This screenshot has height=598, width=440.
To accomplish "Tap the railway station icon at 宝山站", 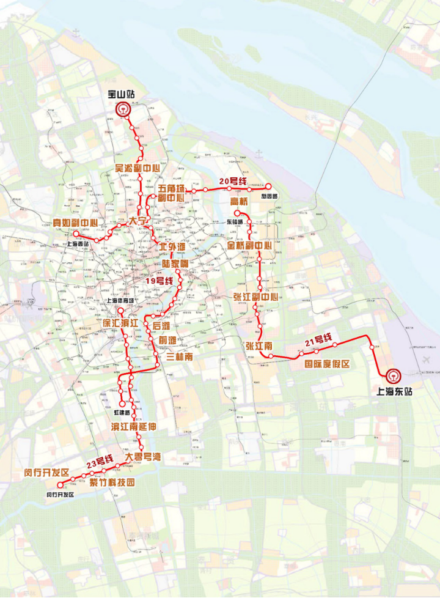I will click(x=123, y=110).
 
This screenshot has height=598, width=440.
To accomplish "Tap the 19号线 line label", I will click(x=159, y=281).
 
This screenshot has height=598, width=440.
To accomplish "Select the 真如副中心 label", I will click(x=75, y=223).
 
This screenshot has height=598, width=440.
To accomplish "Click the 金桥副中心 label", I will click(x=249, y=246).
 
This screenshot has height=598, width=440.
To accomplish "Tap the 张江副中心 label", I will click(x=255, y=297).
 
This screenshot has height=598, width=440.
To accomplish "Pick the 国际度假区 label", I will click(x=327, y=364).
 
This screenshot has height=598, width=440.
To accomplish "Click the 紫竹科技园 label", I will click(x=112, y=482).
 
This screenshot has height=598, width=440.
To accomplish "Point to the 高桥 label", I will click(x=239, y=201).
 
